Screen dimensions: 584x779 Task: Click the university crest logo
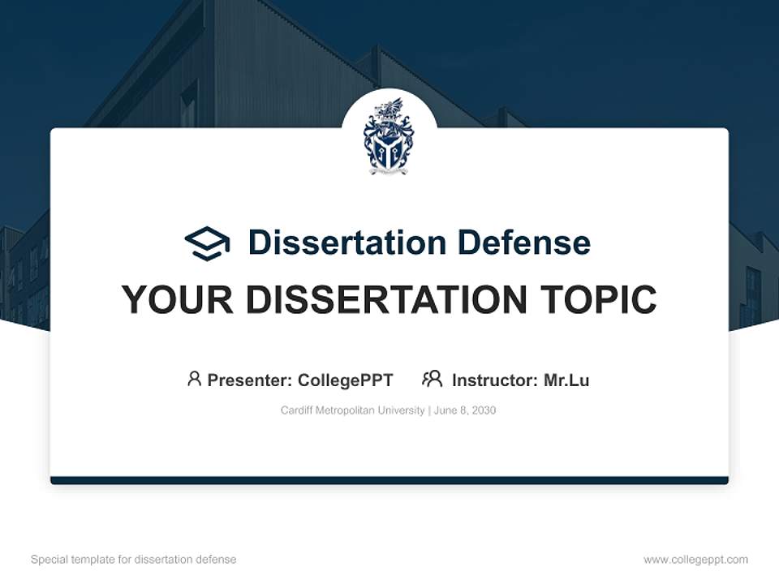point(389,135)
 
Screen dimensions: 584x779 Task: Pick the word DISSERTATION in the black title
point(380,300)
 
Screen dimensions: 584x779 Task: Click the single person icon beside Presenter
point(194,379)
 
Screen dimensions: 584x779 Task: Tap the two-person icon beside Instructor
point(433,379)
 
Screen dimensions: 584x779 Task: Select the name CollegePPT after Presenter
point(346,380)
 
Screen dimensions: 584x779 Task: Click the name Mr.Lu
point(566,380)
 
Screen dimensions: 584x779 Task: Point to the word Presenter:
point(250,380)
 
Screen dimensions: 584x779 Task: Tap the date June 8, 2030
point(465,410)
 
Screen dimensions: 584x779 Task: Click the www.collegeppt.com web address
point(695,560)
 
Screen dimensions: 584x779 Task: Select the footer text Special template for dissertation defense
point(134,560)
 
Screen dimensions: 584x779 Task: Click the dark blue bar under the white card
point(389,480)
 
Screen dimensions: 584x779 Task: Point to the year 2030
point(484,410)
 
